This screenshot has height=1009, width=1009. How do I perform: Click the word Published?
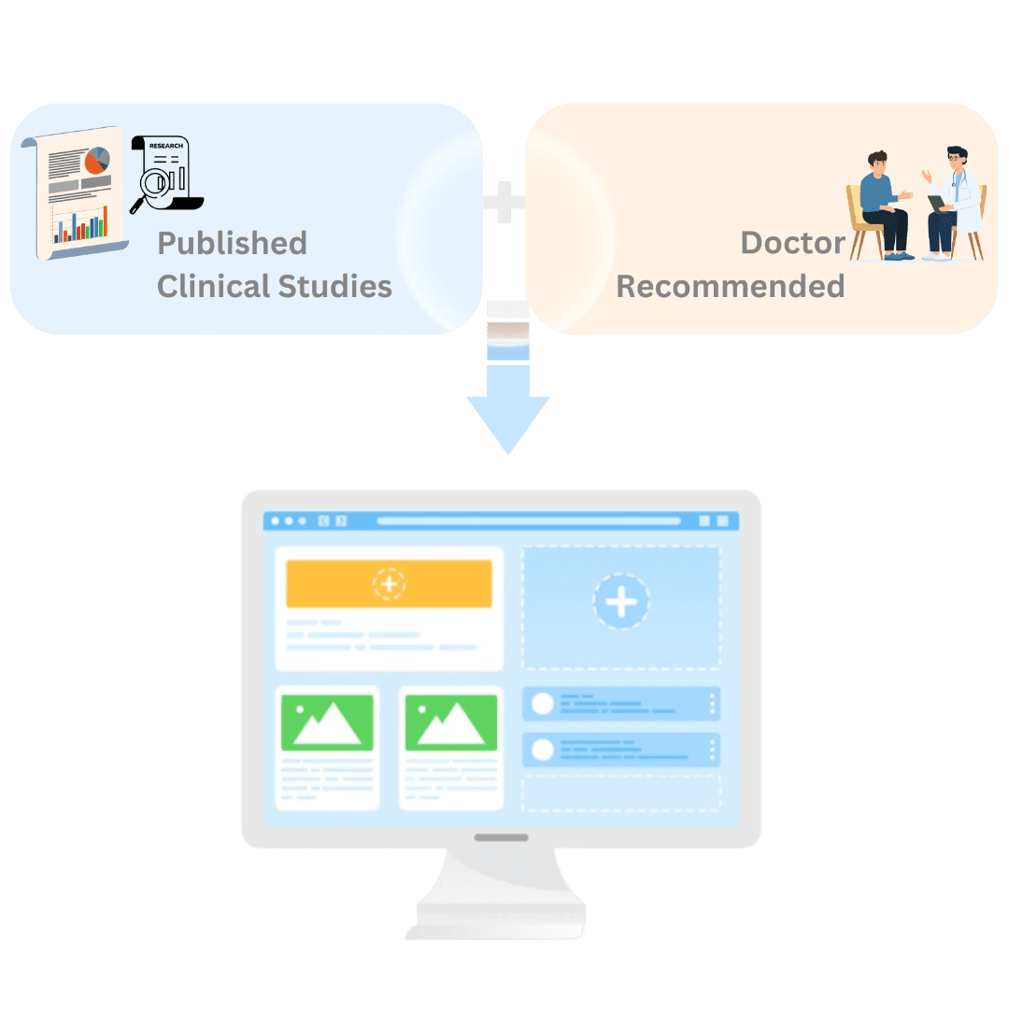point(232,243)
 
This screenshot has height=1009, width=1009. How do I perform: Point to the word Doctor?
point(792,243)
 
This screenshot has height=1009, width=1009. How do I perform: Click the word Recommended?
point(731,286)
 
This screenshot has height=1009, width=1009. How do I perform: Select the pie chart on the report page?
point(96,161)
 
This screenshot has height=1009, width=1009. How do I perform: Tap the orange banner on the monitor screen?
point(389,584)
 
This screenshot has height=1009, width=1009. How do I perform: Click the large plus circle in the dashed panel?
point(621,602)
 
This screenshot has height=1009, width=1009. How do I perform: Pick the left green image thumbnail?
point(327,722)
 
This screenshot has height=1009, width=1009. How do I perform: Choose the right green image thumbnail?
point(450,722)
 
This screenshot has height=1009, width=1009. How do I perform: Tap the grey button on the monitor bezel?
point(501,837)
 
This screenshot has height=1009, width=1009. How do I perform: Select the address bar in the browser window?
point(528,521)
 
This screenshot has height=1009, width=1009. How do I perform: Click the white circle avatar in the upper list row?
point(543,704)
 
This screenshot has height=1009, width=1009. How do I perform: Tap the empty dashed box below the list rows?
point(621,792)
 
